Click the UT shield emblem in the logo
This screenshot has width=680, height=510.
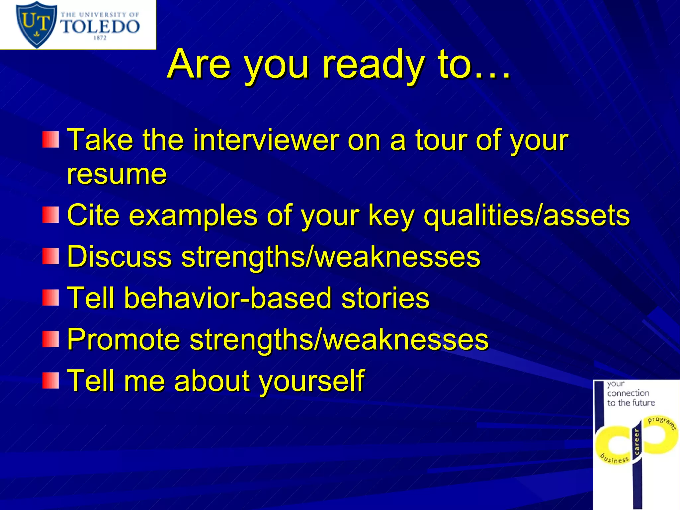(36, 24)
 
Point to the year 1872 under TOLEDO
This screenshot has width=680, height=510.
(100, 38)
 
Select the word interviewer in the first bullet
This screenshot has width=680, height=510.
(266, 140)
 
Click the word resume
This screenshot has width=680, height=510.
(117, 174)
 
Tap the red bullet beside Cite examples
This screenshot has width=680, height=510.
(50, 215)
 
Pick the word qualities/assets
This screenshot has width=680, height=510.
(527, 215)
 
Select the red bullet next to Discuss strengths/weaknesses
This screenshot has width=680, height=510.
(50, 256)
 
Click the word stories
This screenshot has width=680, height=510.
(385, 298)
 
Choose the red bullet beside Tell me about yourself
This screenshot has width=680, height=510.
(50, 381)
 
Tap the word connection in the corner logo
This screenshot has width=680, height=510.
(628, 393)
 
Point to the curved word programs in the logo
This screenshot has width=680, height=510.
(662, 422)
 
